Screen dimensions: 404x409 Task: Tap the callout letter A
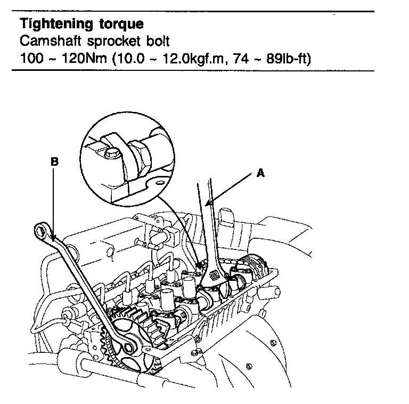260,173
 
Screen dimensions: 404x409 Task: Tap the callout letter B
54,160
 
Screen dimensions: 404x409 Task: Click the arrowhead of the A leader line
210,204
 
